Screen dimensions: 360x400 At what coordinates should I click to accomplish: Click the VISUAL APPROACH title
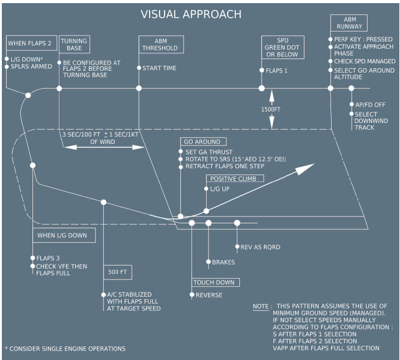(x=191, y=14)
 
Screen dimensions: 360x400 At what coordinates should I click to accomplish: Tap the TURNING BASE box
(x=73, y=45)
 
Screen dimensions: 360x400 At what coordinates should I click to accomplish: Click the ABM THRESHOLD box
(x=160, y=43)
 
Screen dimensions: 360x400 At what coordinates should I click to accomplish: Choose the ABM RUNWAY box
(x=350, y=23)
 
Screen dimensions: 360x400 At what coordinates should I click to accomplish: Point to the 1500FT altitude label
(x=272, y=109)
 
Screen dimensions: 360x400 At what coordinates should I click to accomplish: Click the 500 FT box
(x=118, y=271)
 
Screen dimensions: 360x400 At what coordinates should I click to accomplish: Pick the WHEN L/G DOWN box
(x=65, y=236)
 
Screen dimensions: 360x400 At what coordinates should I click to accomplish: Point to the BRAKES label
(x=224, y=262)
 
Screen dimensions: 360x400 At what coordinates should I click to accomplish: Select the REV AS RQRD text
(x=260, y=247)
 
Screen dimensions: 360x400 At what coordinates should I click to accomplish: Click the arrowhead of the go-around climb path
(x=309, y=167)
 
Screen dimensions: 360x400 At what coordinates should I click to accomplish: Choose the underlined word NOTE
(x=260, y=307)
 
